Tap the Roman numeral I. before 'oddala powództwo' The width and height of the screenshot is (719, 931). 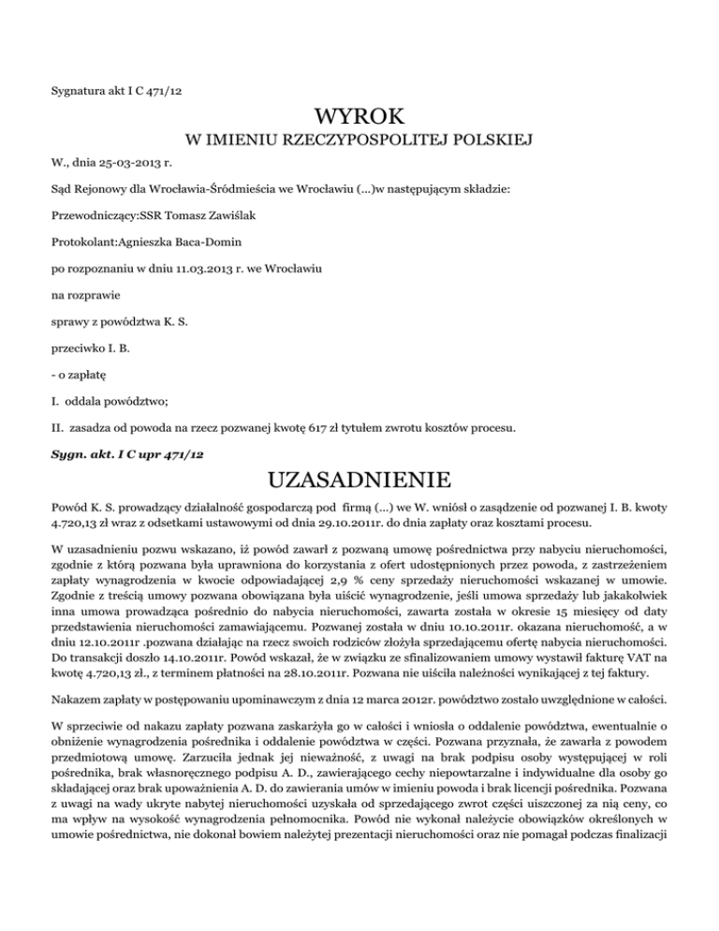click(55, 403)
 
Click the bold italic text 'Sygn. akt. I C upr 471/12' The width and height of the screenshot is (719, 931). click(127, 453)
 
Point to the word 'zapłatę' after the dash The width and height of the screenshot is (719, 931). click(82, 376)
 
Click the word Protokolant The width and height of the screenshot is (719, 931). click(84, 241)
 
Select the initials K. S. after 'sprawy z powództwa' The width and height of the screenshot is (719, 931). click(174, 322)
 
